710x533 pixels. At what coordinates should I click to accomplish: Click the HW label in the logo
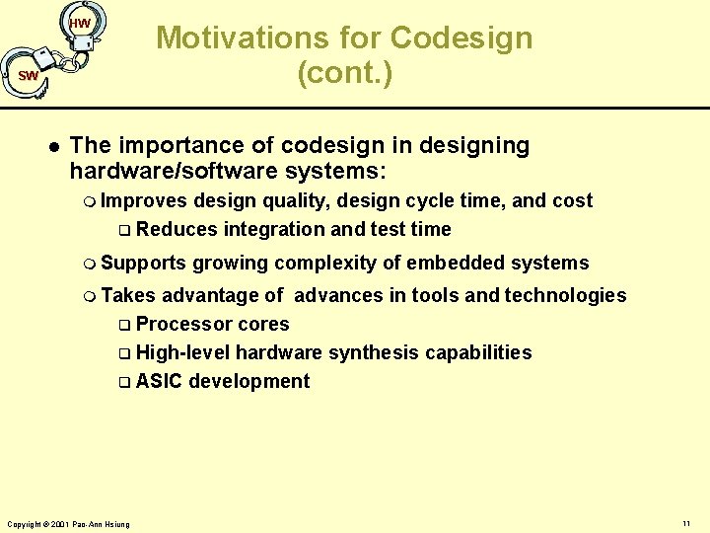coord(80,23)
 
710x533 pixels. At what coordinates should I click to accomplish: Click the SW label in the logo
coord(28,75)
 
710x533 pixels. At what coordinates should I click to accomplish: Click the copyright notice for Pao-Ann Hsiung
coord(68,523)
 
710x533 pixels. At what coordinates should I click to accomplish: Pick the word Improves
coord(144,200)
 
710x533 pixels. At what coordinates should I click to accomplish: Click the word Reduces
coord(177,229)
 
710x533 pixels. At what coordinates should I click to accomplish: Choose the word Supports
coord(143,263)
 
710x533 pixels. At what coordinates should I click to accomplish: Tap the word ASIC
coord(159,381)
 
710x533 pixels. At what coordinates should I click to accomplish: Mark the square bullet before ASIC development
coord(124,382)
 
